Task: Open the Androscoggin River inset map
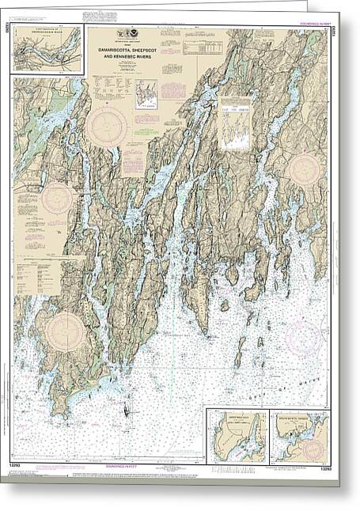click(x=47, y=49)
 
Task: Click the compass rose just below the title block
click(x=107, y=127)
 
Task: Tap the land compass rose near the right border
click(x=304, y=169)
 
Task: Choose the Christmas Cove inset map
click(x=234, y=434)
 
